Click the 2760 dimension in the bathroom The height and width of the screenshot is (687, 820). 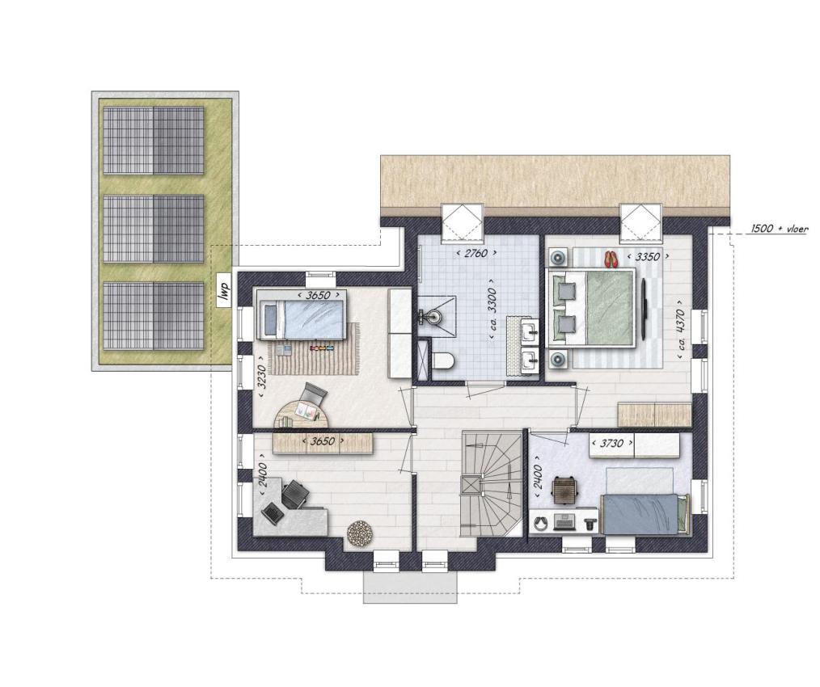(476, 254)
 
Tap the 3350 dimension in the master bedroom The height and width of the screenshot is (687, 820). (647, 257)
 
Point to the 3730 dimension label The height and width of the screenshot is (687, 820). (611, 444)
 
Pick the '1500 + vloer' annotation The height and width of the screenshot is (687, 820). (780, 229)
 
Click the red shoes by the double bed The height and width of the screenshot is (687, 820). (611, 259)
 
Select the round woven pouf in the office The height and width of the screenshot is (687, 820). (361, 533)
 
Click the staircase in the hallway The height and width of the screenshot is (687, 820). (492, 483)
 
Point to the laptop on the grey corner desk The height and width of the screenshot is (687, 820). (273, 512)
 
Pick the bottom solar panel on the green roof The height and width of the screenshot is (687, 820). (153, 316)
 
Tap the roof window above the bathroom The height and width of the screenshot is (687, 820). (461, 223)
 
